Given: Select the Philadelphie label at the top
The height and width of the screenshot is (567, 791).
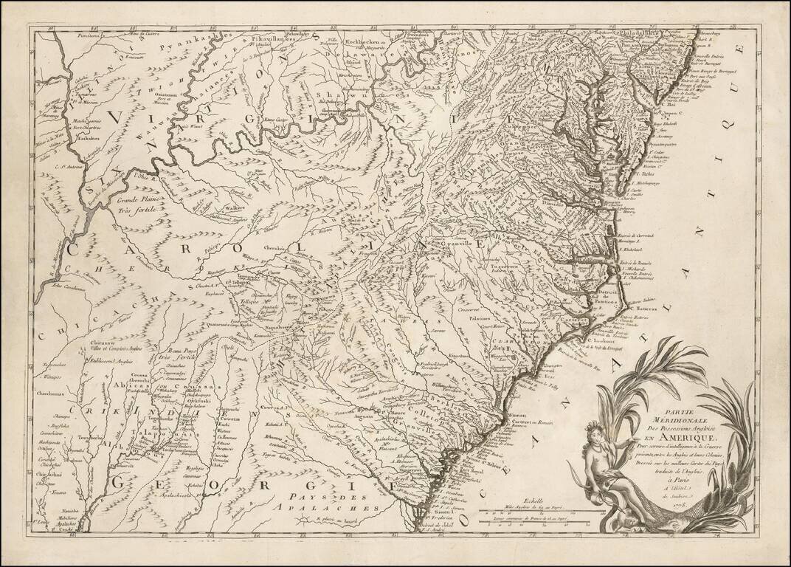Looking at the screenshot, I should [641, 33].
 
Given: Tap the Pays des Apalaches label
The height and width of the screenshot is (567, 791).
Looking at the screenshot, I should [303, 503].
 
